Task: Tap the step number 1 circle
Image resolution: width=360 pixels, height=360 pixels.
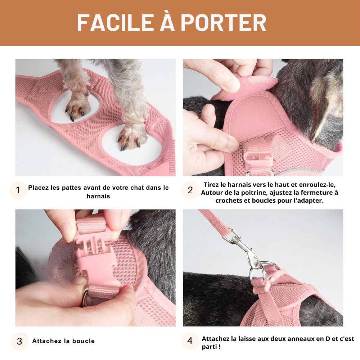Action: [x=18, y=190]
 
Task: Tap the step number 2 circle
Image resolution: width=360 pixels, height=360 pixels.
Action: [x=190, y=190]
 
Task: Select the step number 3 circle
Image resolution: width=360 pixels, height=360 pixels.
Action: [x=19, y=341]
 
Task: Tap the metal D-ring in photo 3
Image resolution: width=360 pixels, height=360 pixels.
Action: [x=85, y=297]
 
